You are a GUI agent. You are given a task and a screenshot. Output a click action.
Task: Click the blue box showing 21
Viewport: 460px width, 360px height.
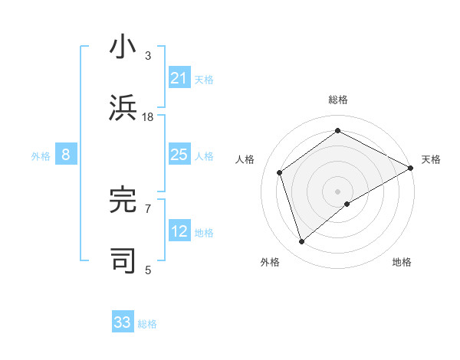point(179,78)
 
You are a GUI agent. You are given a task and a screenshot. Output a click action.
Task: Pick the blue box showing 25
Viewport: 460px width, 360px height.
point(179,155)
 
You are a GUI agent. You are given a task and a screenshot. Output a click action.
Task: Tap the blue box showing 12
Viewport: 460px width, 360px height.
point(179,232)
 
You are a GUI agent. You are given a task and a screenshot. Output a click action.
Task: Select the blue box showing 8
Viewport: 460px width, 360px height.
point(66,155)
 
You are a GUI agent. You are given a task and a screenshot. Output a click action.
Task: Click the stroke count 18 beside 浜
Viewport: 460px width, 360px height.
point(148,117)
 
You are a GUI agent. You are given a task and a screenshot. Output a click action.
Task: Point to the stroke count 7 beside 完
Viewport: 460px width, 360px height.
point(148,208)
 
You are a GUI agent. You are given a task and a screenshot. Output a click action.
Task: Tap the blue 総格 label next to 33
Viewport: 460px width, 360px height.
point(147,324)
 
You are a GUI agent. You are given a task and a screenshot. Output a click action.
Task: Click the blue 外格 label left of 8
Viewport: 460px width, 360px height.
point(41,156)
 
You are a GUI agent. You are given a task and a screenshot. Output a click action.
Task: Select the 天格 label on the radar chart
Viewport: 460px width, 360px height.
point(431,159)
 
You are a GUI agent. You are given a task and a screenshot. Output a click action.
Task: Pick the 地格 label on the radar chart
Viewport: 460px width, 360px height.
point(402,262)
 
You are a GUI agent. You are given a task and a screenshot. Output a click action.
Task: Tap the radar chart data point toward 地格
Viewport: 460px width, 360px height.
point(347,204)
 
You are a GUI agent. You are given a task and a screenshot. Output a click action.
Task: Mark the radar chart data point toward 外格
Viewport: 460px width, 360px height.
point(301,242)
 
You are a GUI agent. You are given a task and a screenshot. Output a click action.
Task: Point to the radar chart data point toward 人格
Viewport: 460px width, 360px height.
point(280,172)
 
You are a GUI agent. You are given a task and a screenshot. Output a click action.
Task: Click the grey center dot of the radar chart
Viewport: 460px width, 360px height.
point(337,191)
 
